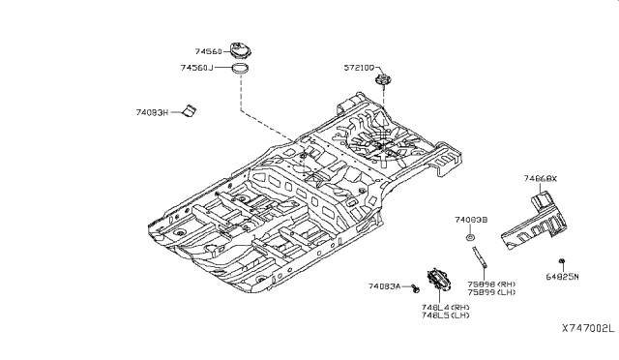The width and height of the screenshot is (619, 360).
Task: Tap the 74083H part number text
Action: [x=153, y=113]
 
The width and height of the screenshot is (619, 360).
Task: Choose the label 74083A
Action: [x=385, y=287]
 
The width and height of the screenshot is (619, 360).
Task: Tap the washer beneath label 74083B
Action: [x=469, y=236]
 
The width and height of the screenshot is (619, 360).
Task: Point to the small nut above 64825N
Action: [x=561, y=260]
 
